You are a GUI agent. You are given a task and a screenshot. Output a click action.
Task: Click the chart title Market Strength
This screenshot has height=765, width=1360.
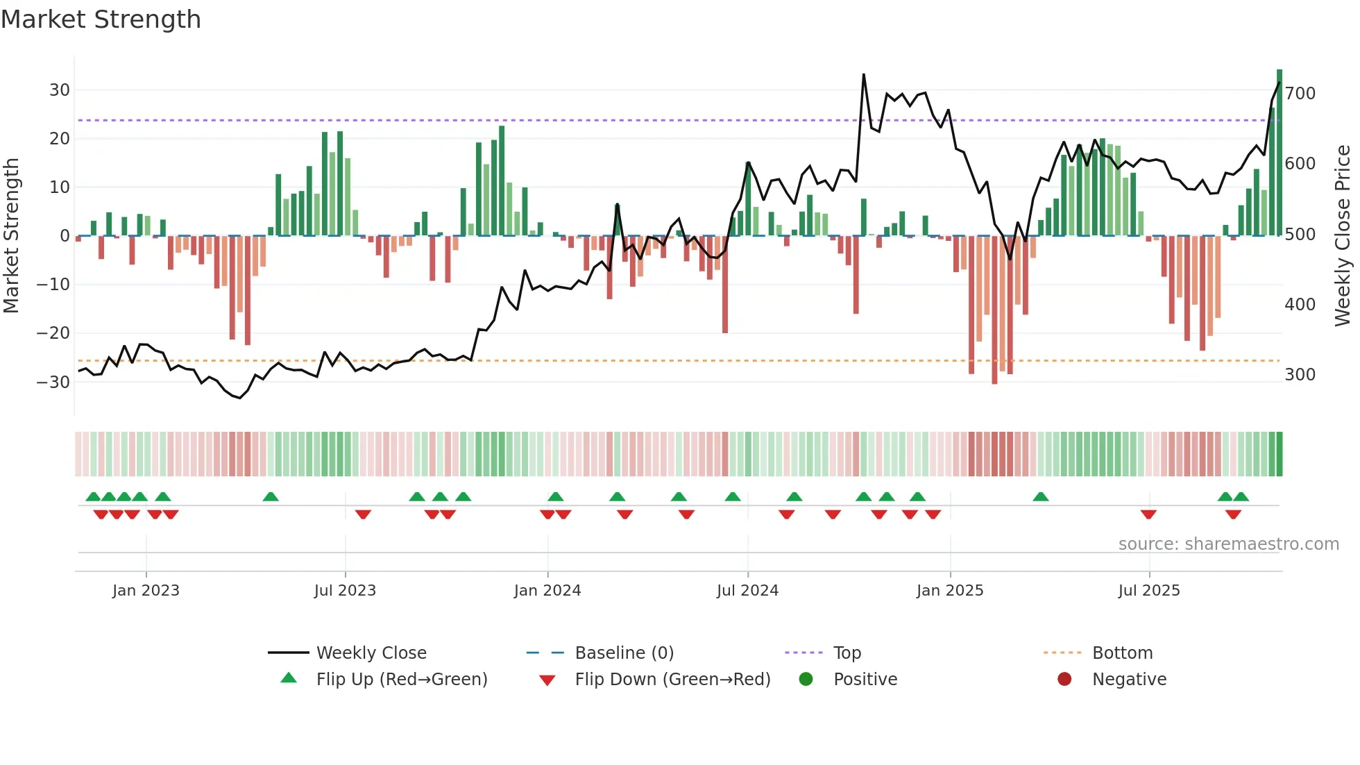[x=101, y=19]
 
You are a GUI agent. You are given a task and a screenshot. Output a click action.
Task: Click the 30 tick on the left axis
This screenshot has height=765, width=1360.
[x=59, y=90]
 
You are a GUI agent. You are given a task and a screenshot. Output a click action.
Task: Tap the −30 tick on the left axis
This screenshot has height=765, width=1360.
[x=53, y=382]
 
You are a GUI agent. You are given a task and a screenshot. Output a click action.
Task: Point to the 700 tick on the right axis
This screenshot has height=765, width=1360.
[x=1300, y=93]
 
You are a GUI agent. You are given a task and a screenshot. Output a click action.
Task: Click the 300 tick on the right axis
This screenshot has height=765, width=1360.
[x=1300, y=374]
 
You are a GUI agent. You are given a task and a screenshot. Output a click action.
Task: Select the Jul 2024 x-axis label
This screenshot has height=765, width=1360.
[x=747, y=590]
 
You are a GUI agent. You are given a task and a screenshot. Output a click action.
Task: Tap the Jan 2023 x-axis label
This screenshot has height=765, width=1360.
[x=146, y=590]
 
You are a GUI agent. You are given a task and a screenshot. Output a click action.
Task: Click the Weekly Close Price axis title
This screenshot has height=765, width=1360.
[x=1343, y=235]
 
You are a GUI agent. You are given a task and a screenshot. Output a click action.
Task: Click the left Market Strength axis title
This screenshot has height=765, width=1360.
[x=11, y=235]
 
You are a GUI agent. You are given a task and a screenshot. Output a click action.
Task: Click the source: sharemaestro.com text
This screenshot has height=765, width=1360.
[x=1228, y=544]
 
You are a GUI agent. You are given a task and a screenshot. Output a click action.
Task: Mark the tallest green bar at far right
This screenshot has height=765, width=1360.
[x=1280, y=153]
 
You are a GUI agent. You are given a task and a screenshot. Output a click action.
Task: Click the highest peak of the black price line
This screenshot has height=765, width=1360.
[x=864, y=74]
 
